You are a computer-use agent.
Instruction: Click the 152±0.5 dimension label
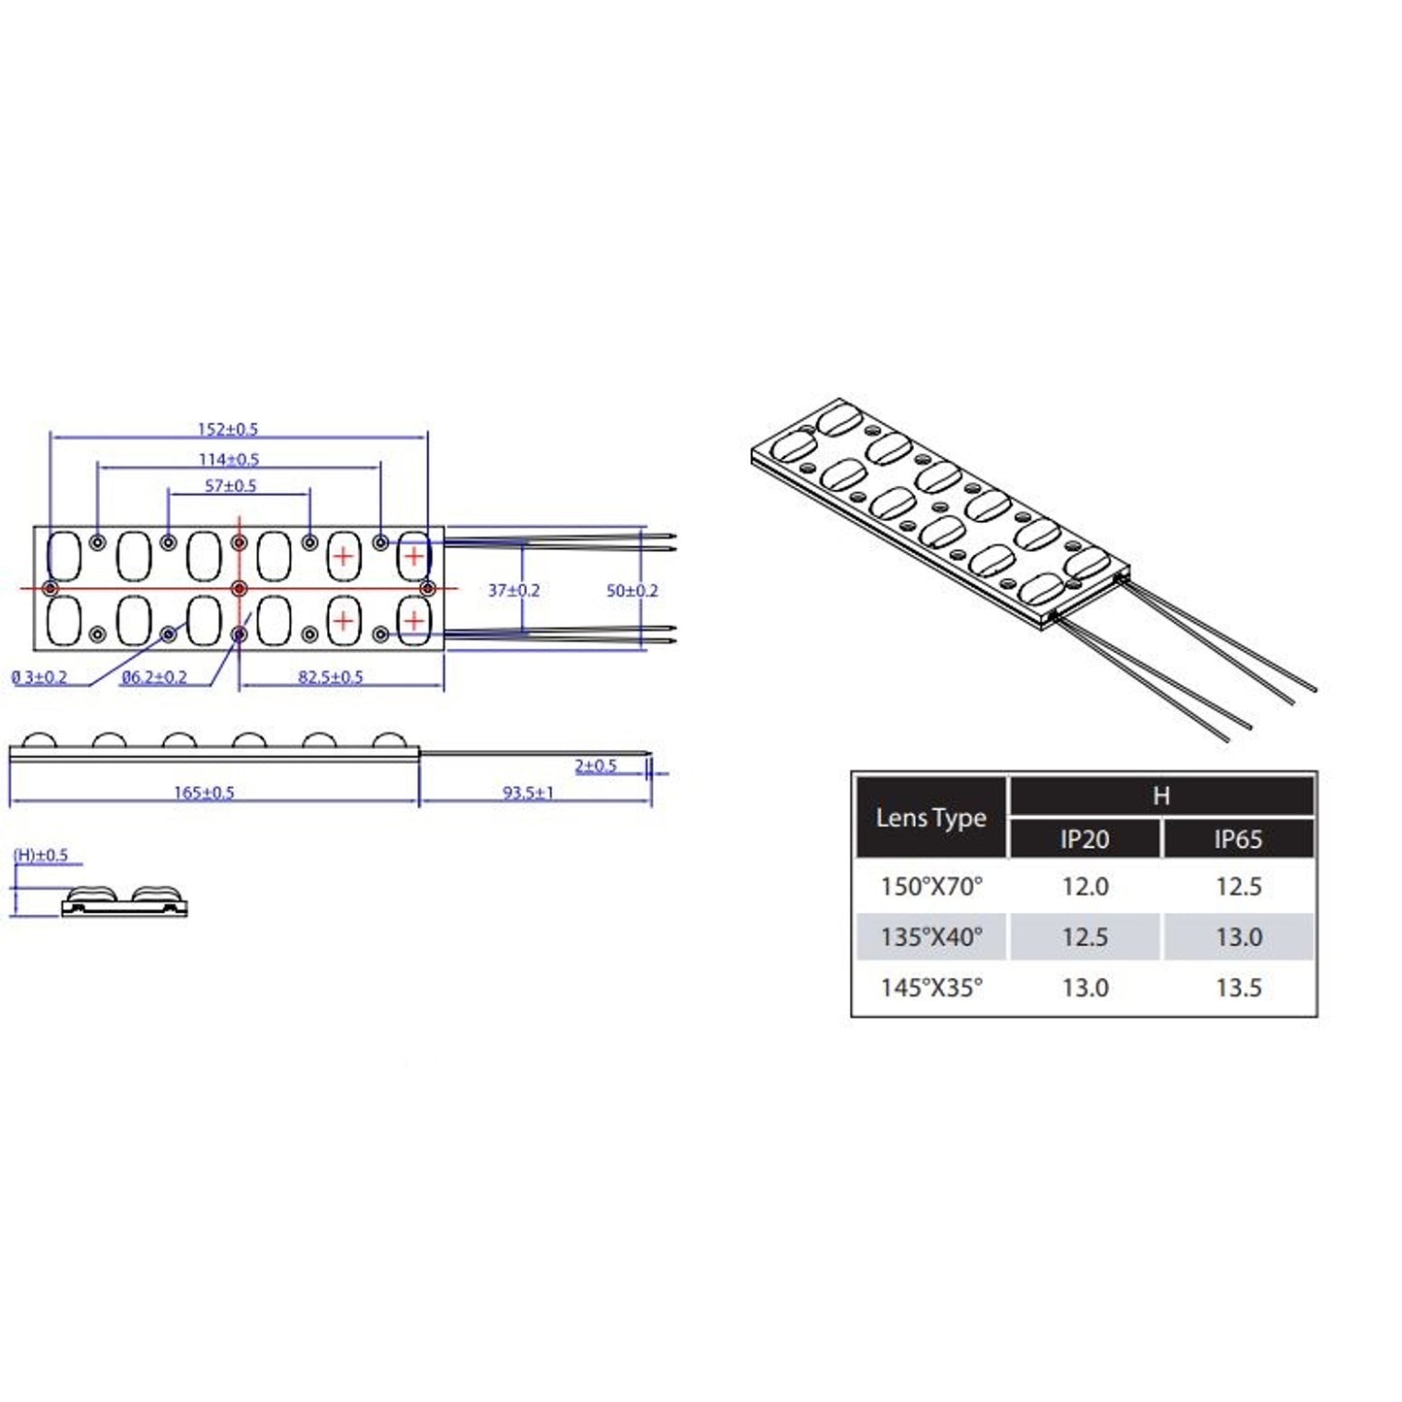tap(228, 429)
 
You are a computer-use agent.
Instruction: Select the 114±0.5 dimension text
tap(229, 459)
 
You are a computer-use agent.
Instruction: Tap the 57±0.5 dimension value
tap(231, 485)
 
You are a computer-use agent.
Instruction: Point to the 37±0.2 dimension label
tap(513, 590)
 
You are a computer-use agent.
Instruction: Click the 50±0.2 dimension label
tap(632, 590)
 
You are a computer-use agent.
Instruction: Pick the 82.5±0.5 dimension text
tap(330, 676)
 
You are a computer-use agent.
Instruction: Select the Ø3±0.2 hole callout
tap(40, 676)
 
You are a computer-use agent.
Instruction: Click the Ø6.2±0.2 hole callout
tap(154, 676)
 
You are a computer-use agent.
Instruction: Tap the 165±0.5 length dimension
tap(204, 793)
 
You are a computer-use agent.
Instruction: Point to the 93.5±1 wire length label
tap(528, 793)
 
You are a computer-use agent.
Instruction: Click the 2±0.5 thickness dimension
tap(595, 766)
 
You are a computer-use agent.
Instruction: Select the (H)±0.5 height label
tap(41, 855)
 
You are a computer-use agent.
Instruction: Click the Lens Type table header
tap(930, 818)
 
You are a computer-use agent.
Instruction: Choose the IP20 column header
tap(1085, 839)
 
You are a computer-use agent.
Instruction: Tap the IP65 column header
tap(1238, 839)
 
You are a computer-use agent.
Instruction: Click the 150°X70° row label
tap(930, 886)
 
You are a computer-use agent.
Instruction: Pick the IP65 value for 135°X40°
tap(1238, 937)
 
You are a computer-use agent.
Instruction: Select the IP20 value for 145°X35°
tap(1085, 988)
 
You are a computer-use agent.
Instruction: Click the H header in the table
tap(1161, 797)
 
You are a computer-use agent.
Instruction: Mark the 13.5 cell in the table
tap(1238, 988)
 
